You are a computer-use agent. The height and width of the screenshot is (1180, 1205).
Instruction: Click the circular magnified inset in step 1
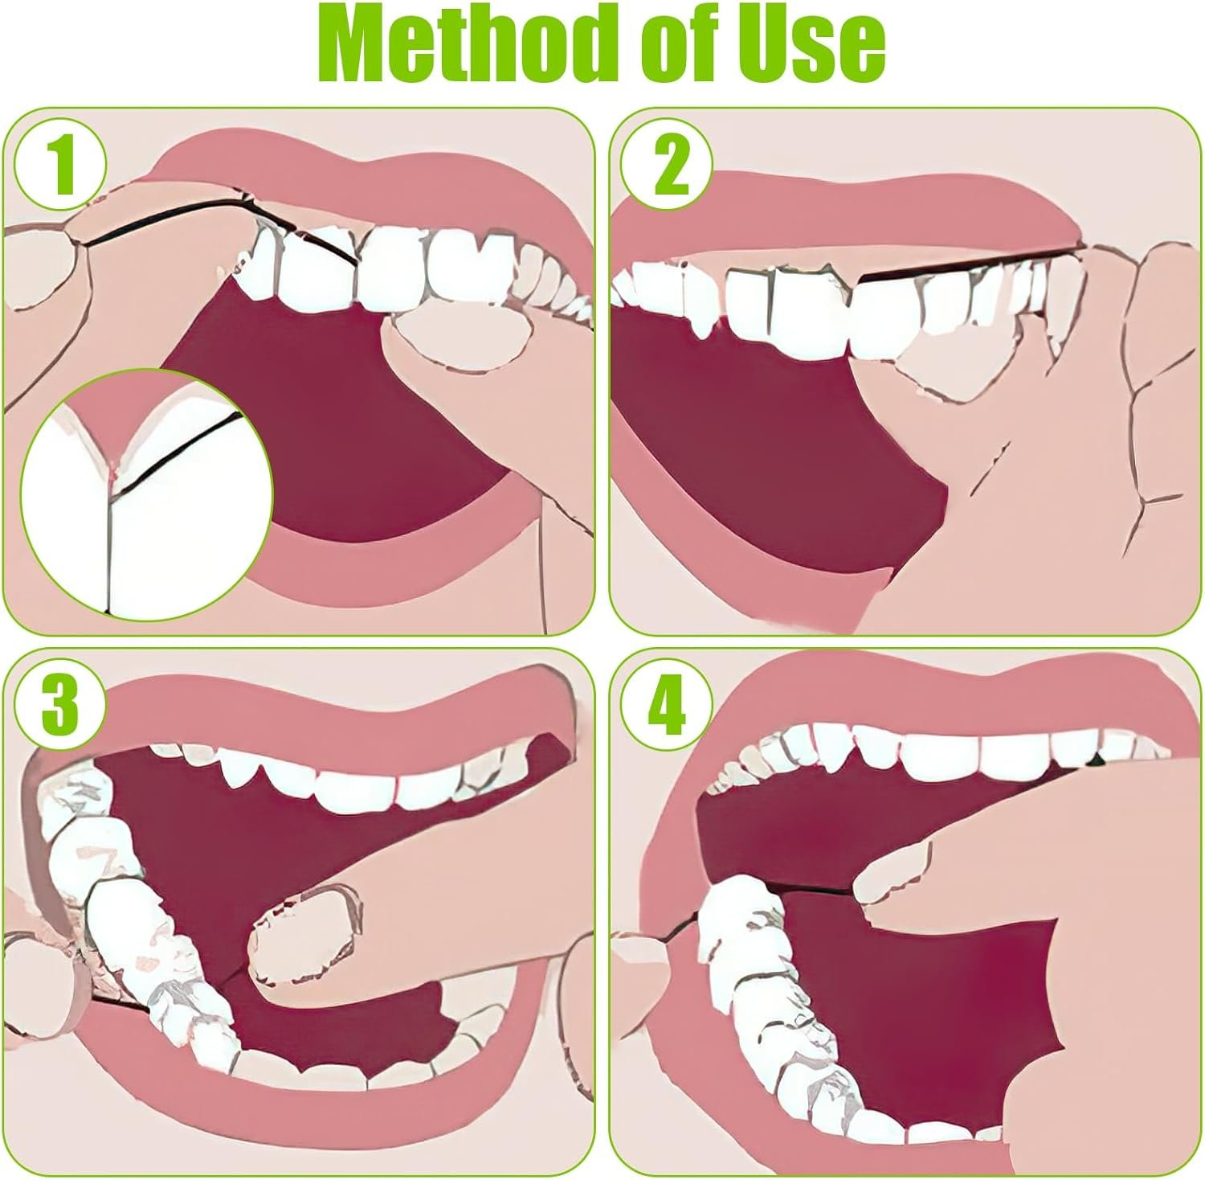click(147, 494)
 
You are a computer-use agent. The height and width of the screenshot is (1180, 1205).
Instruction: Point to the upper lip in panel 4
click(924, 691)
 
